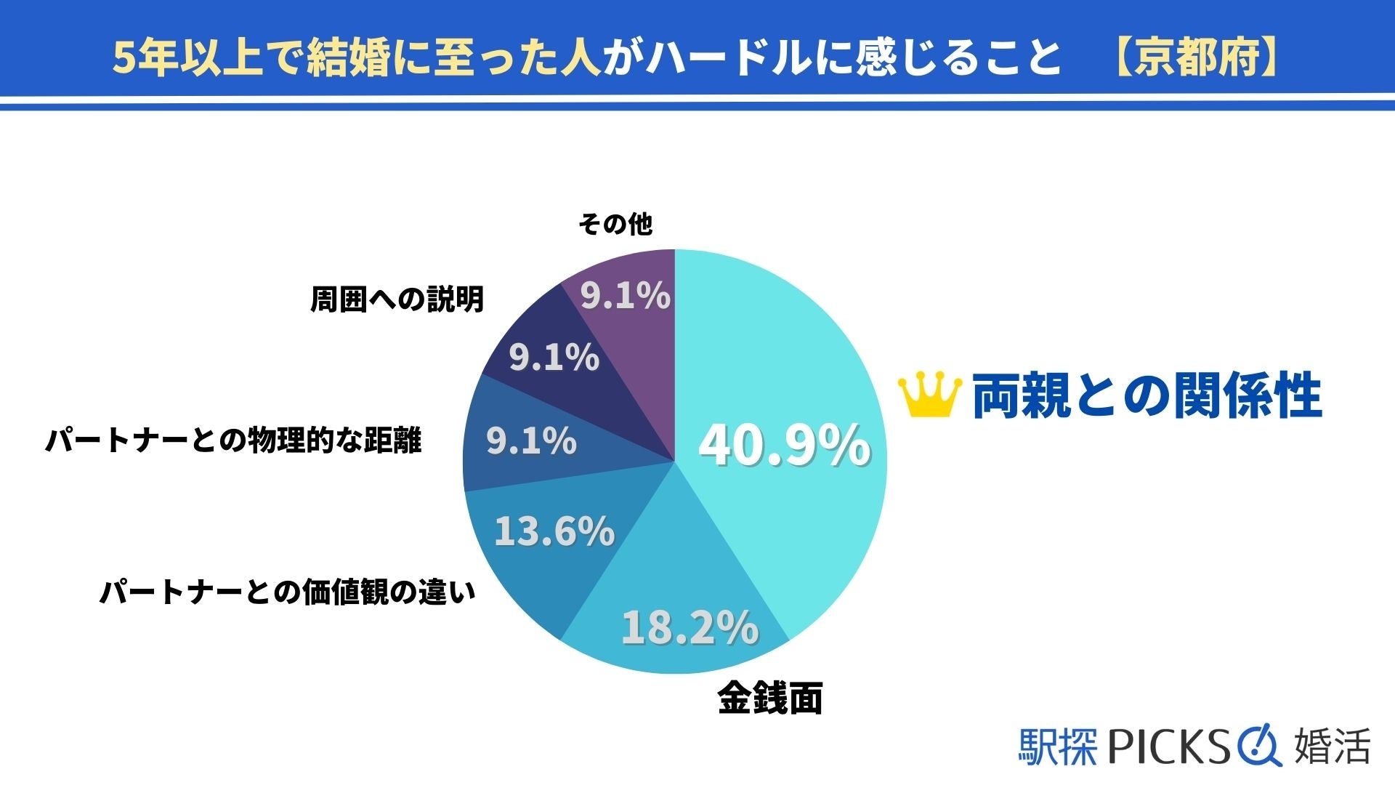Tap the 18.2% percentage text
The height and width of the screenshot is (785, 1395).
pos(690,627)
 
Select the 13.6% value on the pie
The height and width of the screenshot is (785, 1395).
pos(554,531)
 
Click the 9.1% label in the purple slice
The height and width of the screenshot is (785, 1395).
pos(625,296)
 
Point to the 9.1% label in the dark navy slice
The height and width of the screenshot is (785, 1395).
pos(554,358)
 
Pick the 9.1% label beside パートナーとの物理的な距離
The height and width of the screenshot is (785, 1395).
pos(531,441)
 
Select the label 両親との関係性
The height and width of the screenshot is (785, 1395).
pos(1147,396)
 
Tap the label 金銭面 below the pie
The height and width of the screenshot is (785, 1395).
pos(769,699)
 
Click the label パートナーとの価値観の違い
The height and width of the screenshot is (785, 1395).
pos(288,592)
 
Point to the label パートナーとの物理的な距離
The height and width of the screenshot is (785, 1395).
pos(233,440)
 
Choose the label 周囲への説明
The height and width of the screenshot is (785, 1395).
pos(397,299)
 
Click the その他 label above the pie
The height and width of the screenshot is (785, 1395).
pos(615,225)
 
